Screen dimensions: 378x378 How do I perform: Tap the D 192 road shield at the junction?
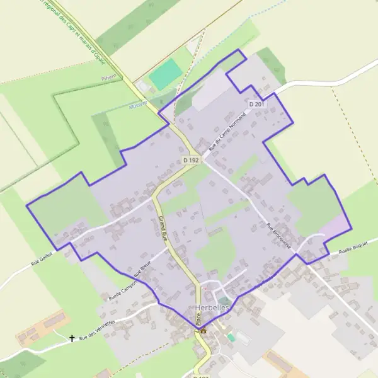click(191, 161)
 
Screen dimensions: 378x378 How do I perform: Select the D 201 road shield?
click(256, 104)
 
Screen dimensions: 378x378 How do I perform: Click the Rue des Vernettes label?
click(97, 329)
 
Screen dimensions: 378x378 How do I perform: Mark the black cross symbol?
click(72, 338)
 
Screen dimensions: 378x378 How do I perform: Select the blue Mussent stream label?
click(137, 103)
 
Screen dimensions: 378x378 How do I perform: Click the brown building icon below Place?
click(203, 331)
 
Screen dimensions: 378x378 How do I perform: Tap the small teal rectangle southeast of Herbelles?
click(231, 338)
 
